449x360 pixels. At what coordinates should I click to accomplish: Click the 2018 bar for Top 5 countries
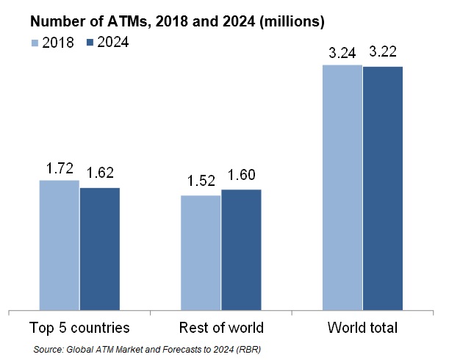[x=59, y=245]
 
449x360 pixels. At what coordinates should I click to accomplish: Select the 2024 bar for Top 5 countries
[x=99, y=249]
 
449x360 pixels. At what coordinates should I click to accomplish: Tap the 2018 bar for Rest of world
[x=201, y=253]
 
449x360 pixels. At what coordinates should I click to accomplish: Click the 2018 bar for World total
[x=342, y=187]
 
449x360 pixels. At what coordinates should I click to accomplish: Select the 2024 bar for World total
[x=383, y=188]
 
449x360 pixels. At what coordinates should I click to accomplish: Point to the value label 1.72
[x=59, y=169]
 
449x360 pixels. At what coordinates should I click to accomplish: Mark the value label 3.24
[x=341, y=53]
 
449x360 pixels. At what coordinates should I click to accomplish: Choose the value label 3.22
[x=383, y=53]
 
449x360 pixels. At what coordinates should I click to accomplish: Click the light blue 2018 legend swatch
[x=35, y=43]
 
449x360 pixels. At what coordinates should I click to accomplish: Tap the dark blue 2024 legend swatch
[x=91, y=43]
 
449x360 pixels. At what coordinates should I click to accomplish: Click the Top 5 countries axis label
[x=79, y=327]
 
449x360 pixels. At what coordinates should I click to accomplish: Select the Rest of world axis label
[x=221, y=327]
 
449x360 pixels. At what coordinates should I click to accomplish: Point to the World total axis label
[x=363, y=327]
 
